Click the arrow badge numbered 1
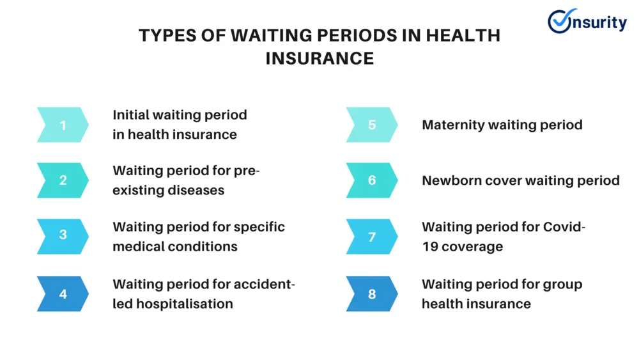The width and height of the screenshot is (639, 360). [x=63, y=125]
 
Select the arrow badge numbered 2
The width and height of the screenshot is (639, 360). [x=63, y=180]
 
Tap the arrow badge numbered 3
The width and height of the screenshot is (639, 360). [x=63, y=237]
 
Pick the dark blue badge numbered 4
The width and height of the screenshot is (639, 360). [x=63, y=294]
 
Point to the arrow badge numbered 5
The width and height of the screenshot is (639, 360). [x=372, y=125]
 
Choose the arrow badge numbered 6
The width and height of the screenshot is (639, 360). [x=372, y=180]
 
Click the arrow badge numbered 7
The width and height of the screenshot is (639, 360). [x=372, y=237]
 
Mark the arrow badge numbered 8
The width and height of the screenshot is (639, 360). [x=372, y=294]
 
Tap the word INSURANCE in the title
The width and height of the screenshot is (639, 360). [x=320, y=58]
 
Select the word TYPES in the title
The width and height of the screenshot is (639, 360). [x=167, y=35]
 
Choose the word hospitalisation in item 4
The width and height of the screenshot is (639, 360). [x=185, y=304]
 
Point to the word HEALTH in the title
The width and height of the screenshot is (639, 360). [x=463, y=35]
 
